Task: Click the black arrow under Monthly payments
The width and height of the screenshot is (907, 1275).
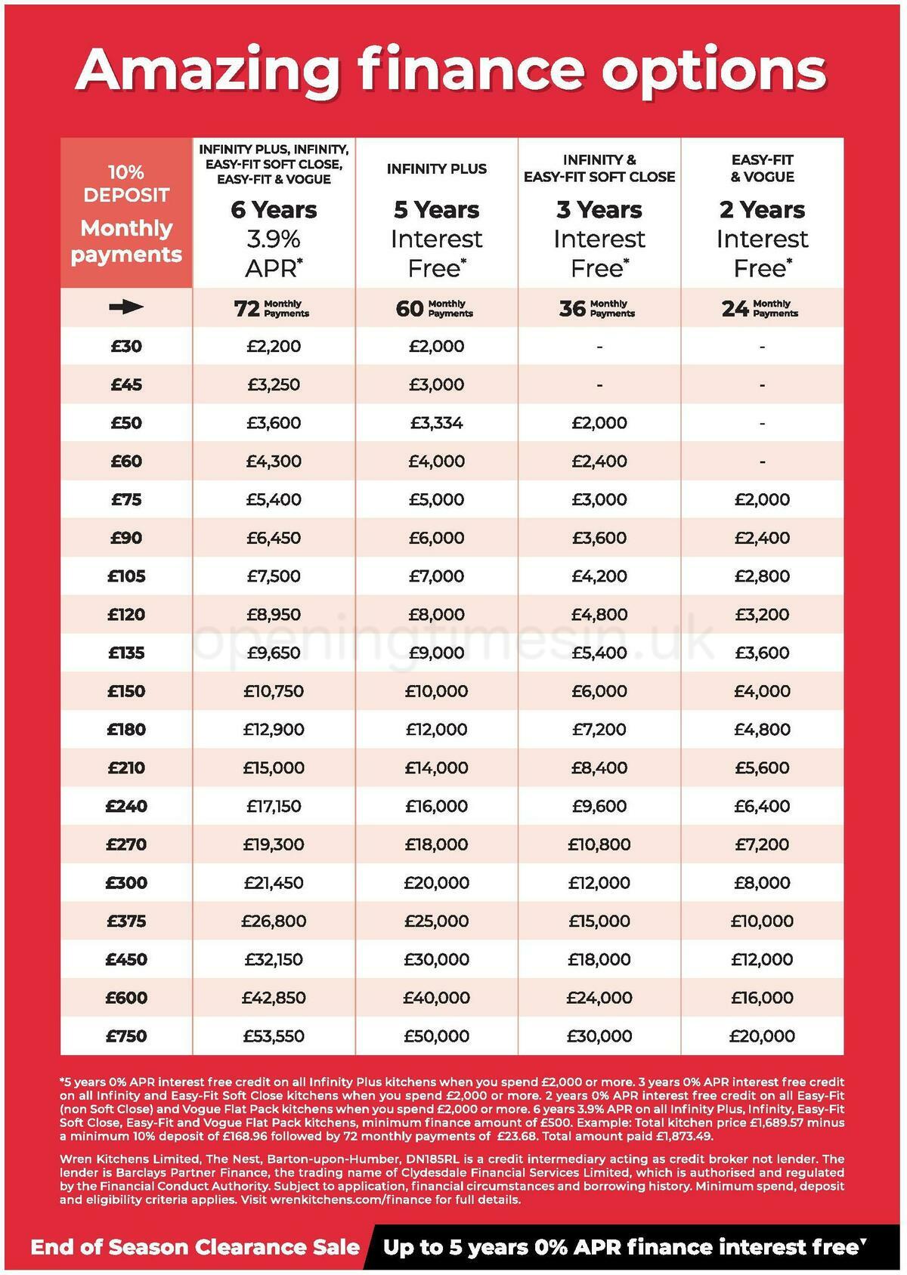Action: tap(125, 307)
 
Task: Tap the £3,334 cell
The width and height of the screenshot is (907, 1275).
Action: tap(436, 423)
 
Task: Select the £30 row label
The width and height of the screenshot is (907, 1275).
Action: tap(126, 347)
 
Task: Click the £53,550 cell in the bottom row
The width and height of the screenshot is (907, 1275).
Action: tap(274, 1036)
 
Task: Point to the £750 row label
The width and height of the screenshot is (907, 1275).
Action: tap(126, 1036)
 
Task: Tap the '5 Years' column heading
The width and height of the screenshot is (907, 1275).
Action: tap(436, 210)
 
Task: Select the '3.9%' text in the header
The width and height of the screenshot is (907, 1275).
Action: tap(274, 239)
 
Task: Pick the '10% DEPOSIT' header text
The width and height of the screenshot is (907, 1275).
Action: tap(126, 184)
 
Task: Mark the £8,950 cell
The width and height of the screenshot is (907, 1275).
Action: tap(274, 615)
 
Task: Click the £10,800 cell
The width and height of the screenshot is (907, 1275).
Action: tap(599, 844)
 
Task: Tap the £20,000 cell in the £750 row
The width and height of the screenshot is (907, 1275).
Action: tap(762, 1036)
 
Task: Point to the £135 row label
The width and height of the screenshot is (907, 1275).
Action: tap(126, 653)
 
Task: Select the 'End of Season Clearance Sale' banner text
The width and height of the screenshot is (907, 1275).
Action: tap(195, 1247)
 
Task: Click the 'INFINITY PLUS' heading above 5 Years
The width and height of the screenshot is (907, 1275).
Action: tap(436, 169)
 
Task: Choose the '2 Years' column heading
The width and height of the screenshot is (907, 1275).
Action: tap(762, 210)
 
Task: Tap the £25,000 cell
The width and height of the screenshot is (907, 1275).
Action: tap(436, 922)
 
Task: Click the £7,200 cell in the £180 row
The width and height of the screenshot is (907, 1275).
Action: tap(599, 730)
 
